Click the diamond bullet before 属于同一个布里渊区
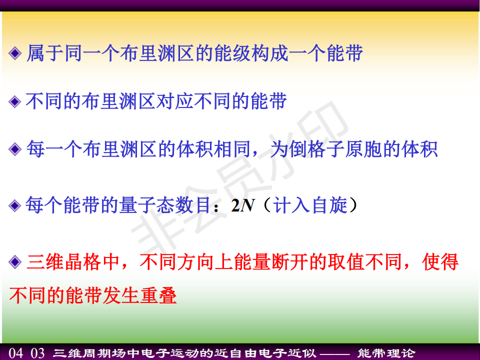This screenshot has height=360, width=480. pyautogui.click(x=15, y=53)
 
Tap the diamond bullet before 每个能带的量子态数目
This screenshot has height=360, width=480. pyautogui.click(x=15, y=205)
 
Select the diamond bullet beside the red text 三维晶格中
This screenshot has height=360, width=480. pyautogui.click(x=15, y=262)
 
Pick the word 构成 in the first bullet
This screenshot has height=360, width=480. pyautogui.click(x=270, y=53)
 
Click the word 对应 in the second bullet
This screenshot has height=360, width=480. pyautogui.click(x=175, y=101)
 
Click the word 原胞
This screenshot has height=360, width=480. pyautogui.click(x=363, y=149)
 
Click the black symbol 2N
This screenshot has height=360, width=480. pyautogui.click(x=242, y=205)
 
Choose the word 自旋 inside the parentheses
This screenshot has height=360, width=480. pyautogui.click(x=329, y=205)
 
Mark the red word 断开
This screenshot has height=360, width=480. pyautogui.click(x=290, y=262)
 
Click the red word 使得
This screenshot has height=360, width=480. pyautogui.click(x=440, y=262)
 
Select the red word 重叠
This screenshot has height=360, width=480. pyautogui.click(x=158, y=295)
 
